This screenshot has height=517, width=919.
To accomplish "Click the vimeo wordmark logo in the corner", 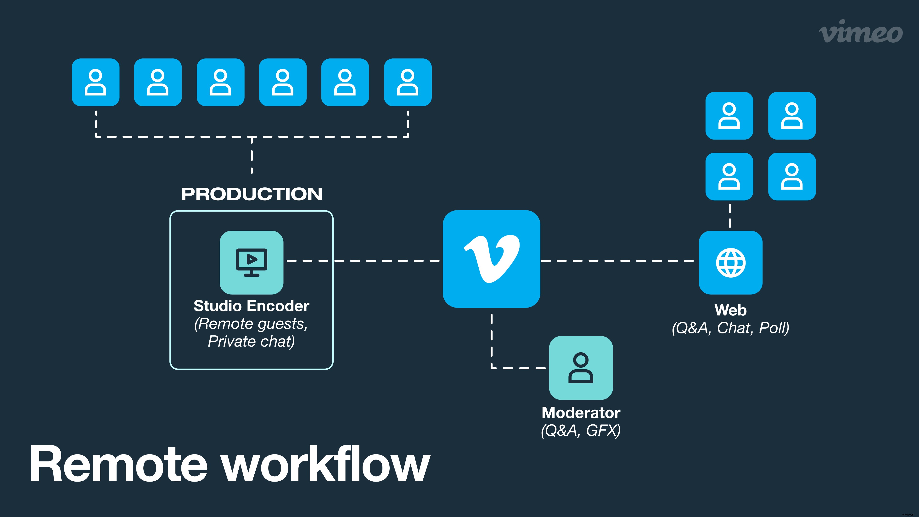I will pyautogui.click(x=861, y=32).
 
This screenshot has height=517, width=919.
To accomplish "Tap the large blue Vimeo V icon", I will pyautogui.click(x=491, y=259).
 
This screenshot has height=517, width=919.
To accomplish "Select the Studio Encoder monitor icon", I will pyautogui.click(x=252, y=263).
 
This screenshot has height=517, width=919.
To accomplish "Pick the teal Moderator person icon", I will pyautogui.click(x=581, y=368).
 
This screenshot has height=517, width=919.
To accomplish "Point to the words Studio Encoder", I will pyautogui.click(x=252, y=306).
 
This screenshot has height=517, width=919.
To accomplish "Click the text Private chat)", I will pyautogui.click(x=252, y=342).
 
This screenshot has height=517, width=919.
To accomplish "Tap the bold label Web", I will pyautogui.click(x=730, y=310).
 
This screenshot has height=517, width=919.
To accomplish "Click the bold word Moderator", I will pyautogui.click(x=581, y=413).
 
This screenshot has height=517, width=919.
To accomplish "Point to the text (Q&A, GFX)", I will pyautogui.click(x=581, y=430).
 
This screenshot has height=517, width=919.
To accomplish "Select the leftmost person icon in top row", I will pyautogui.click(x=96, y=82).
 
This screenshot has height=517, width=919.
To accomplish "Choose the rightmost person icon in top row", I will pyautogui.click(x=408, y=82).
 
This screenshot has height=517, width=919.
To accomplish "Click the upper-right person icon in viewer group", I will pyautogui.click(x=792, y=116).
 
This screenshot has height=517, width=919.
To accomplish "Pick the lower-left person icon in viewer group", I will pyautogui.click(x=729, y=177).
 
